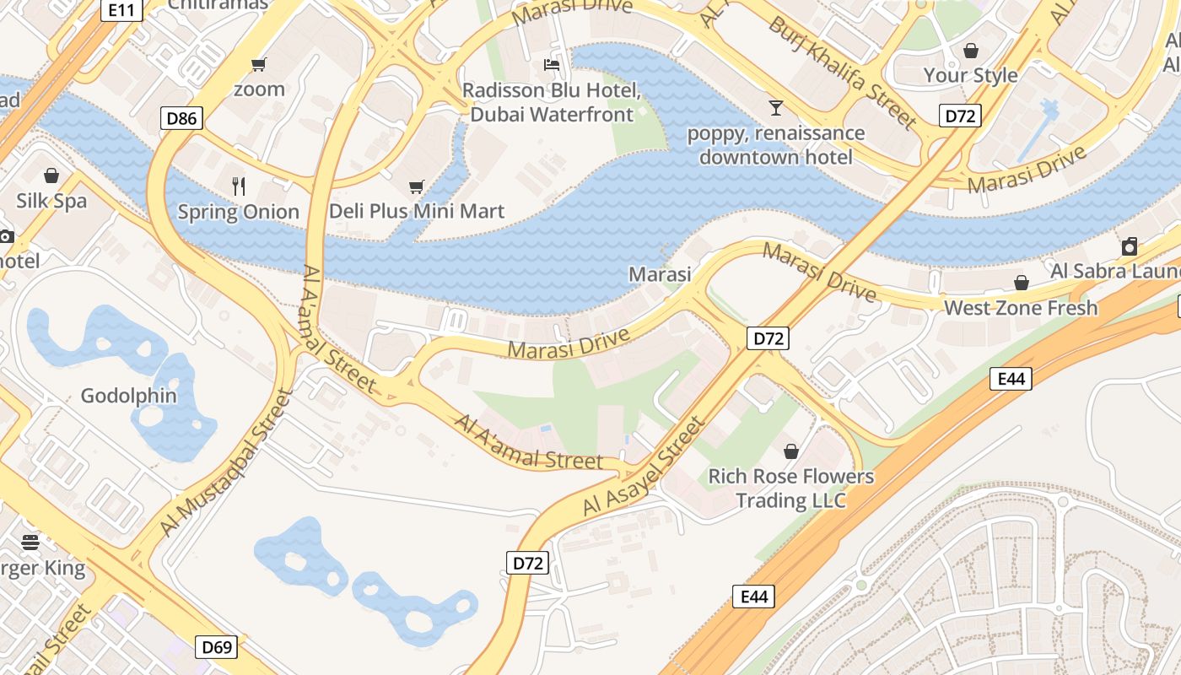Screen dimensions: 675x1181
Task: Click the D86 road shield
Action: point(181,118)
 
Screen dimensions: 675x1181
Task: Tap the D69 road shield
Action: point(216,648)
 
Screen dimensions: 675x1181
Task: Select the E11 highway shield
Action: point(121,10)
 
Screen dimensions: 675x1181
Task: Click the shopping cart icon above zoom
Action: point(258,65)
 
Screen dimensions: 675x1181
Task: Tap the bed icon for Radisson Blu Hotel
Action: point(552,65)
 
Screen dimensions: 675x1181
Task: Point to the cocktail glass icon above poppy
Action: point(775,108)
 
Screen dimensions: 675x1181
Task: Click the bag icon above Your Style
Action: point(970,51)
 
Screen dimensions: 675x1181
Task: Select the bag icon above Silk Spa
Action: point(51,175)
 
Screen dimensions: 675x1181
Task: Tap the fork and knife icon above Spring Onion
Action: point(239,186)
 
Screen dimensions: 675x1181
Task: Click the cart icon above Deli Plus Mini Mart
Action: point(416,186)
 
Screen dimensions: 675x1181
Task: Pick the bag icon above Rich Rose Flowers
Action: point(790,451)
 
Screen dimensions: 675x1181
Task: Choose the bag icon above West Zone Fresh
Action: point(1021,283)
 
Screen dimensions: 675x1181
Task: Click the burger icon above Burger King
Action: point(30,543)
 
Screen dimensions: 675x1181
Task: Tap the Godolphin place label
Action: point(129,396)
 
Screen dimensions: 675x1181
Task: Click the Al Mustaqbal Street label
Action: point(224,462)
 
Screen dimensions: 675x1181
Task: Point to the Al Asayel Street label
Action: point(644,467)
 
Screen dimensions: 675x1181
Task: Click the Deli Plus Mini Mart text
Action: point(416,211)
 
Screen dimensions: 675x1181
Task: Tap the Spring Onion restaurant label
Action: point(238,212)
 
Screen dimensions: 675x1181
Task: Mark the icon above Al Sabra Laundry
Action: point(1130,246)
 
